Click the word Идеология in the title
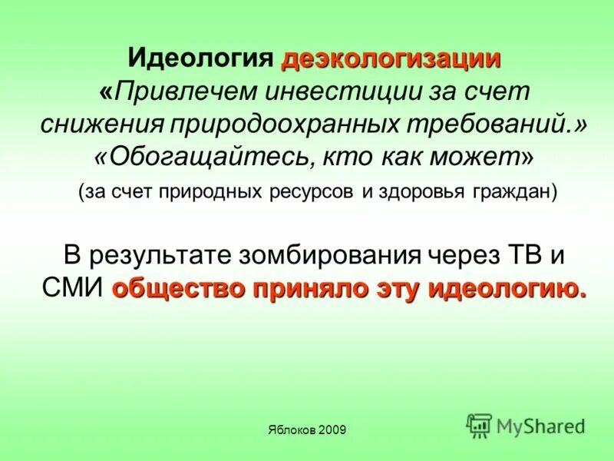200,58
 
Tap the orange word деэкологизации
391,58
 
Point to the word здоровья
414,191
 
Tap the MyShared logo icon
480,425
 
